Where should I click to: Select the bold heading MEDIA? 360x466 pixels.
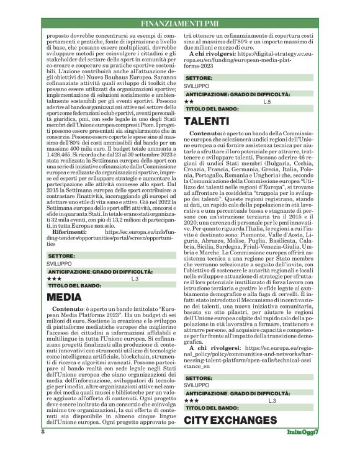(65, 297)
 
